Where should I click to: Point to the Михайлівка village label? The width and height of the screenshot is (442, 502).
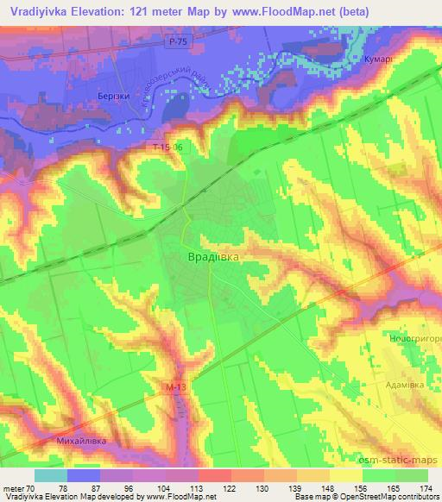(x=82, y=441)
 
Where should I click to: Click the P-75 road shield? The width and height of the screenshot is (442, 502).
(x=177, y=41)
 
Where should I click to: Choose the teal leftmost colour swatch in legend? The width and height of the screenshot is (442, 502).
(x=51, y=474)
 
